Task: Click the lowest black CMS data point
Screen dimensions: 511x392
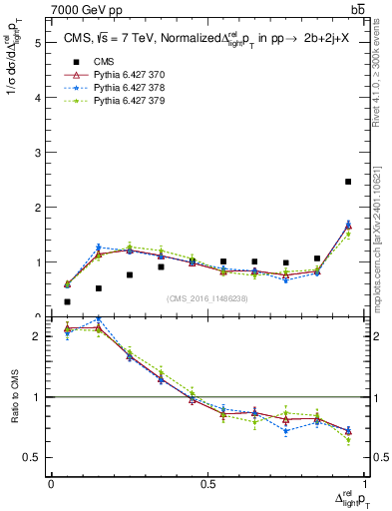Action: coord(67,301)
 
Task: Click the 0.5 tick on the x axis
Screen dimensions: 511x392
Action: coord(207,484)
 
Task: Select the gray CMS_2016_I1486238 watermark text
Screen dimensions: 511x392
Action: coord(206,297)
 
